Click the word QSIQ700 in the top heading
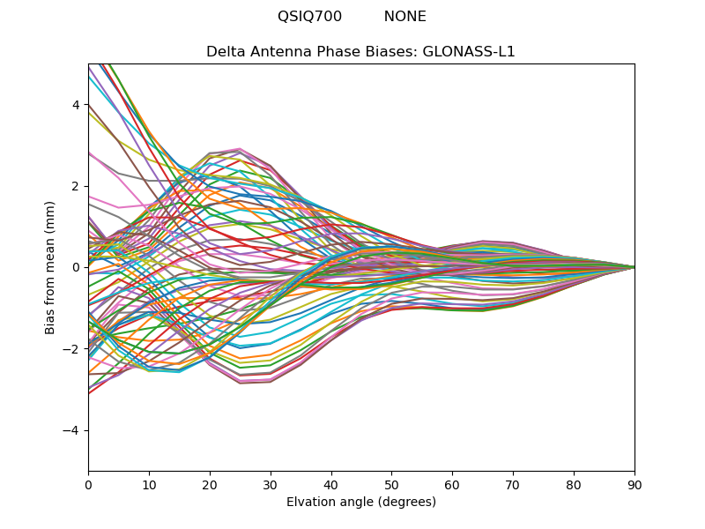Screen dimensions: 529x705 [x=309, y=17]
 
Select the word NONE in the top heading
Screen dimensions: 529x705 [x=404, y=17]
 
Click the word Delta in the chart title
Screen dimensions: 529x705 [x=225, y=52]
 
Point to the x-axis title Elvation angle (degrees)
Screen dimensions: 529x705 [x=361, y=503]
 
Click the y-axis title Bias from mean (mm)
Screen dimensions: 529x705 [x=50, y=267]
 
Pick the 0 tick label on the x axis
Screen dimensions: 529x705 [x=88, y=484]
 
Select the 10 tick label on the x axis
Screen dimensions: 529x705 [x=149, y=484]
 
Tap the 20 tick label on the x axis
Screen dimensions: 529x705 [x=210, y=484]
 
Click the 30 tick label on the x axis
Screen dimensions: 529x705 [x=271, y=484]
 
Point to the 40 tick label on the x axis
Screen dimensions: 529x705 [x=331, y=484]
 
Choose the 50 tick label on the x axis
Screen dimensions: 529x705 [x=391, y=484]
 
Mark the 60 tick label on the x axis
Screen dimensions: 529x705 [x=452, y=484]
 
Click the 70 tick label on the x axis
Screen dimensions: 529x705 [x=513, y=484]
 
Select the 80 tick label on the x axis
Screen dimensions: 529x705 [x=574, y=484]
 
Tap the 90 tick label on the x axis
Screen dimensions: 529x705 [x=634, y=484]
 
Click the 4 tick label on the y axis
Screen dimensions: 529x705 [x=76, y=105]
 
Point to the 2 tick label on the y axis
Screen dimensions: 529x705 [x=76, y=186]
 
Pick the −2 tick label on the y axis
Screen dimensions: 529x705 [x=72, y=349]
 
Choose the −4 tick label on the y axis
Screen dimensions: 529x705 [x=72, y=430]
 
